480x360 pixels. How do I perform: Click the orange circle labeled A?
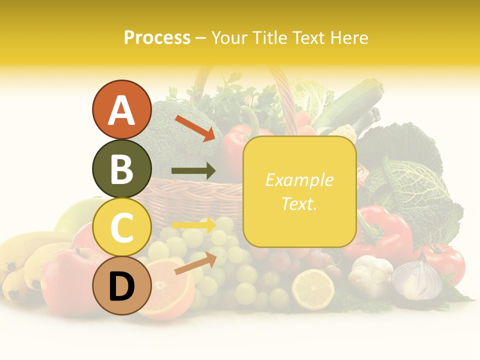[121, 109]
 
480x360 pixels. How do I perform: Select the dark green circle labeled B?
[121, 168]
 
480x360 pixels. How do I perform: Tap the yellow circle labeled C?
[121, 227]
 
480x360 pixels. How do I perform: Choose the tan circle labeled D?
[121, 285]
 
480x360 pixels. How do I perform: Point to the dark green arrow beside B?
[193, 171]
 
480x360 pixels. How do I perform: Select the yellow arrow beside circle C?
[193, 225]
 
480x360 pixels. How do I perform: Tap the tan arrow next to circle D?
[195, 263]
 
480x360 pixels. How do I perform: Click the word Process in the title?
[157, 37]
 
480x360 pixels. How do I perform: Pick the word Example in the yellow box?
[299, 180]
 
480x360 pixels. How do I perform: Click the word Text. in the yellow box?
[299, 203]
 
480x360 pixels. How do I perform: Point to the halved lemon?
[312, 289]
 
